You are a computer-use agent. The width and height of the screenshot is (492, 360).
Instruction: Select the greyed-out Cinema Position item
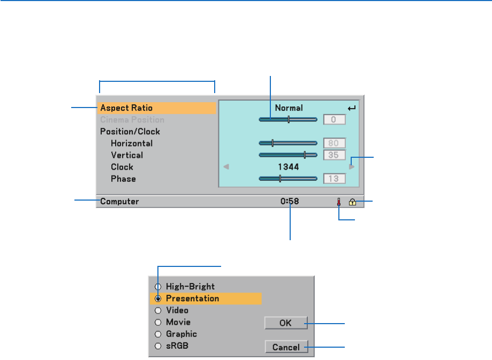[132, 120]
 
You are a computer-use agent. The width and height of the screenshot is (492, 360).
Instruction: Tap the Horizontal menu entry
[132, 143]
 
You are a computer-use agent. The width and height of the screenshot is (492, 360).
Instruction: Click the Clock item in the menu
[122, 167]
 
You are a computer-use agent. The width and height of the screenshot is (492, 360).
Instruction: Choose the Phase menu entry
[123, 179]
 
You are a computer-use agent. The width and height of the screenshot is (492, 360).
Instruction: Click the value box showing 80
[335, 143]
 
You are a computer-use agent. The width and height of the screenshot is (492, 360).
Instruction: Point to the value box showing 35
[335, 155]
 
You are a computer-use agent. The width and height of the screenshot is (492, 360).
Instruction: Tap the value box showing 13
[335, 179]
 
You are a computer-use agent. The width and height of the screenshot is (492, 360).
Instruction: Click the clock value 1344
[289, 167]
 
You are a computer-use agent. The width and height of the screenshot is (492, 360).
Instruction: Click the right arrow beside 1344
[351, 167]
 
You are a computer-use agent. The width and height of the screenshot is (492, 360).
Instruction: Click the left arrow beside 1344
[226, 167]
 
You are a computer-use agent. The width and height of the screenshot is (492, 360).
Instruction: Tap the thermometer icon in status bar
[339, 202]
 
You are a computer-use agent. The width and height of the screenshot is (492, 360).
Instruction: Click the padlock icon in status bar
[352, 202]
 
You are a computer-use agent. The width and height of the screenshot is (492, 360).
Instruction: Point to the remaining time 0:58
[290, 202]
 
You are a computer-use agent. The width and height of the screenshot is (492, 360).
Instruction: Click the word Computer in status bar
[119, 202]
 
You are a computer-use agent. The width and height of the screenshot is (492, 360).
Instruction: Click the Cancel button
[286, 347]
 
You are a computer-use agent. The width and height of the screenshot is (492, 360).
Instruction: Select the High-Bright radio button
[158, 287]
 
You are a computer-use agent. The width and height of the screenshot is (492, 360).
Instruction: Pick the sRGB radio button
[158, 346]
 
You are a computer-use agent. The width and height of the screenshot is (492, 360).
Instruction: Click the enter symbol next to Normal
[351, 108]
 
